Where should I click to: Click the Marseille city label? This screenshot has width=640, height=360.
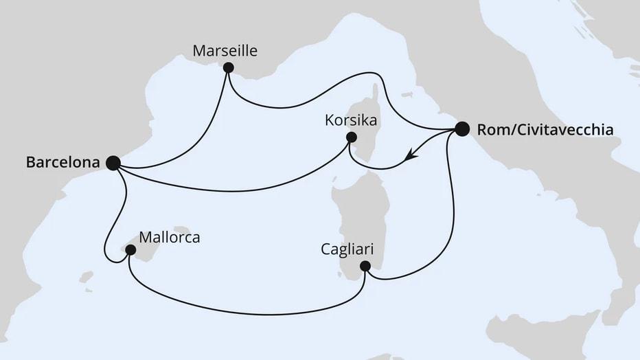point(225,51)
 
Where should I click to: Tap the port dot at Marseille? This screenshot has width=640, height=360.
point(229,67)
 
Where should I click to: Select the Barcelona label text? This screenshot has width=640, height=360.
point(62,163)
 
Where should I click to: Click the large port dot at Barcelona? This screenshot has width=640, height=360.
point(113,163)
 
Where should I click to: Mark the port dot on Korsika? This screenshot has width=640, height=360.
point(351,137)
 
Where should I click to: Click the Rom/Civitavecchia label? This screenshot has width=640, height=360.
point(545,129)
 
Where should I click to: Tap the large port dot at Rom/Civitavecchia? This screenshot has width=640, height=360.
point(462,128)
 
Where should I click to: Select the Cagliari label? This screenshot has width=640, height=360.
point(347,249)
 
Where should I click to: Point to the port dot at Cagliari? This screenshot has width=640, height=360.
point(365,266)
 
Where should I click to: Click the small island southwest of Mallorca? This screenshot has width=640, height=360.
point(87,278)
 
